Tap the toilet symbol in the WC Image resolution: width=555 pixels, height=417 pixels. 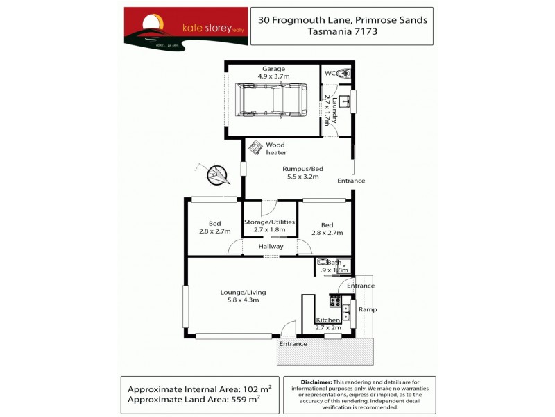(345, 73)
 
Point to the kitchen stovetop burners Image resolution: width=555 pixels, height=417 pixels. (335, 302)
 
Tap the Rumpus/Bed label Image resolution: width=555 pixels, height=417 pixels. (302, 168)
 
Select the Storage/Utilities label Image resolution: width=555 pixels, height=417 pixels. (270, 222)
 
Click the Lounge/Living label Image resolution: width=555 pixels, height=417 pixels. (243, 292)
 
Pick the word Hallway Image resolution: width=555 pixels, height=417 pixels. (271, 246)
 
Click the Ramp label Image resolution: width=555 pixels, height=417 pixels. (368, 309)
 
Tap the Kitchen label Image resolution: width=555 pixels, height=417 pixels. (328, 320)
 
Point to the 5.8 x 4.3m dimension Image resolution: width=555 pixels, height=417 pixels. (243, 300)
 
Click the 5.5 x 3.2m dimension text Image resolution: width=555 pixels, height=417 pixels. (302, 177)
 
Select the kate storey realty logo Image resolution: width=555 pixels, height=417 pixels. (186, 26)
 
